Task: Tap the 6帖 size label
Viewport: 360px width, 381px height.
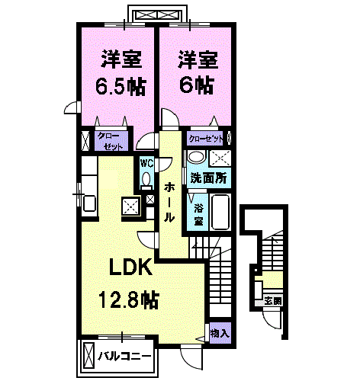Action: coord(194,83)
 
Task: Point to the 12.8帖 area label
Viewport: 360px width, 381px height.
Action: coord(128,299)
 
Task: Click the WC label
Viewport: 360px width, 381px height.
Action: coord(146,162)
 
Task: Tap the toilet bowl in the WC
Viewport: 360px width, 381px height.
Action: coord(146,179)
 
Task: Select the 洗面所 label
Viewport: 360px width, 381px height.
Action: coord(207,178)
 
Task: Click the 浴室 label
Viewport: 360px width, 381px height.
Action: coord(198,213)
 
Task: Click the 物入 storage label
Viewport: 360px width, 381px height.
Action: coord(219,334)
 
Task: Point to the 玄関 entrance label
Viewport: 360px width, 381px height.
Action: coord(272,300)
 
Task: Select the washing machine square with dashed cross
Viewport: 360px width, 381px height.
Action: coord(222,158)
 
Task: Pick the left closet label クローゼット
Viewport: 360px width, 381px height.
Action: coord(108,140)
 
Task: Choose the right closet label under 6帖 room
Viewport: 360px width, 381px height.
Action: coord(207,139)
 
